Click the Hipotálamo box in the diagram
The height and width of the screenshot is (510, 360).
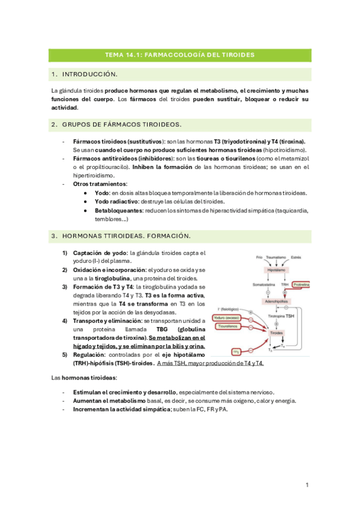(x=275, y=271)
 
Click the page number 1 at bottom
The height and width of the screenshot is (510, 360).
(x=307, y=485)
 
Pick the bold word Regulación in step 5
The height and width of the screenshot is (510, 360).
(x=90, y=355)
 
